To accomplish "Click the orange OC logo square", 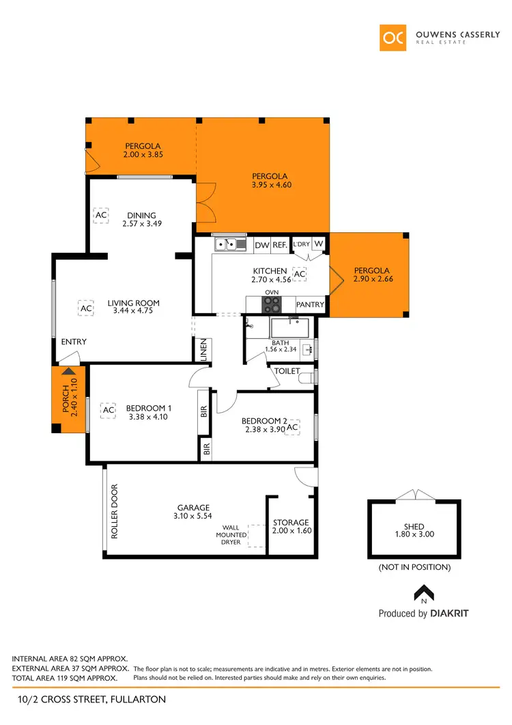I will (394, 37).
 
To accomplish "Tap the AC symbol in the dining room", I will (100, 215).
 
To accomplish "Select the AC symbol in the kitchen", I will (299, 273).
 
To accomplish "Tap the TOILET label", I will (287, 371).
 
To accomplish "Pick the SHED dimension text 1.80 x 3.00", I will (414, 535).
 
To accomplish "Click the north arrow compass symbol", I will (424, 592).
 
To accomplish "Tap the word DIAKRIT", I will (449, 614).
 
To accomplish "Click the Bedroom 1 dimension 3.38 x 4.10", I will (147, 416).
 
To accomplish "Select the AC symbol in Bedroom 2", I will (292, 428).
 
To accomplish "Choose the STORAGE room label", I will (291, 523).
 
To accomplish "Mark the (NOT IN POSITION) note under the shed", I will (414, 567).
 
